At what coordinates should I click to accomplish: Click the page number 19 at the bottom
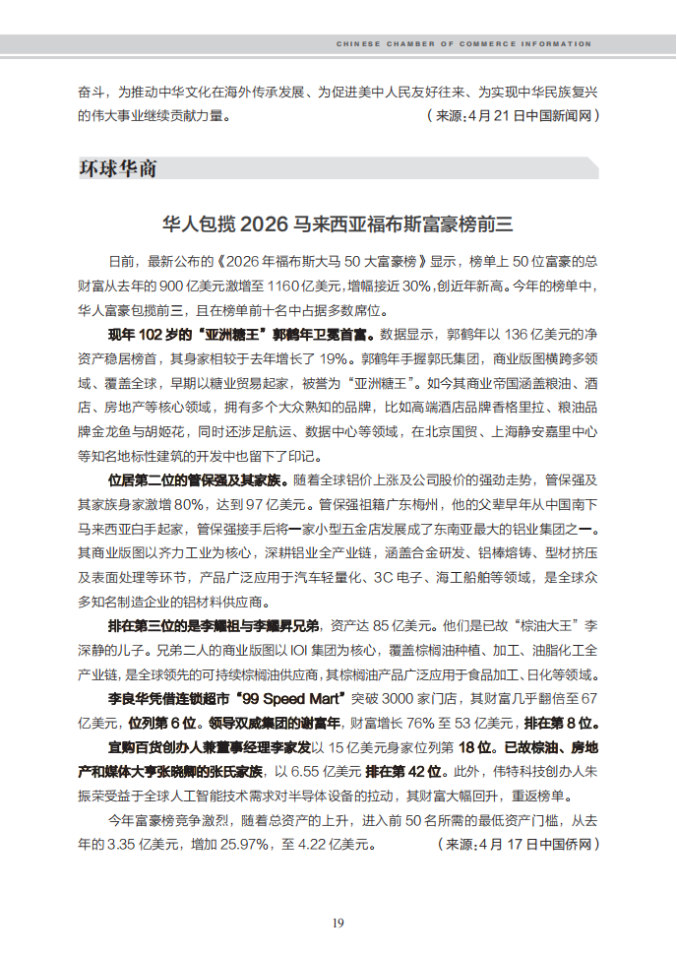click(x=338, y=923)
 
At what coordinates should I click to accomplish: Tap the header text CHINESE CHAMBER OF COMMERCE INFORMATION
click(x=464, y=44)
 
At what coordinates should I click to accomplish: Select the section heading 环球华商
click(x=117, y=168)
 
